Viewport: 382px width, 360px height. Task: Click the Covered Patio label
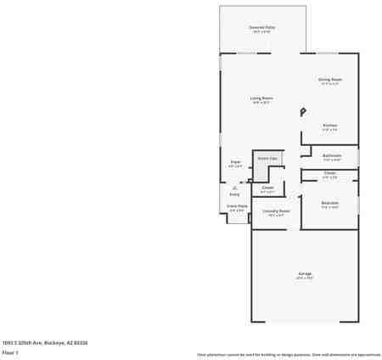point(261,27)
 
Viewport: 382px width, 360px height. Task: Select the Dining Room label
point(329,80)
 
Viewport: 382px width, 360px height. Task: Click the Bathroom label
point(332,156)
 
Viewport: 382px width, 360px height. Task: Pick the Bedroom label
point(330,204)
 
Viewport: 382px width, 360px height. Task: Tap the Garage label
point(304,273)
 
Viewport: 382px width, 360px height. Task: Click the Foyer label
point(236,162)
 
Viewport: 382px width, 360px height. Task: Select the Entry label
point(234,194)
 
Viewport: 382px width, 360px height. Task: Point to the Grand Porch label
point(237,206)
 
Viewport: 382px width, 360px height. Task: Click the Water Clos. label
point(267,158)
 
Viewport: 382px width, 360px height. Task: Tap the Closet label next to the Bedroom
point(330,175)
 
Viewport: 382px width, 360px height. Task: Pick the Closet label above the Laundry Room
point(267,188)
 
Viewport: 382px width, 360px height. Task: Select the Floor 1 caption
point(10,352)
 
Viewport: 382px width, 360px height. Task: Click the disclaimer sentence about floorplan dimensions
point(289,354)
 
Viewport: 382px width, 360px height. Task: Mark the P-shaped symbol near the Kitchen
point(303,110)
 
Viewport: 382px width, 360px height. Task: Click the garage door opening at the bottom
point(304,323)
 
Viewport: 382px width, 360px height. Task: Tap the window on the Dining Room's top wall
point(330,53)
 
